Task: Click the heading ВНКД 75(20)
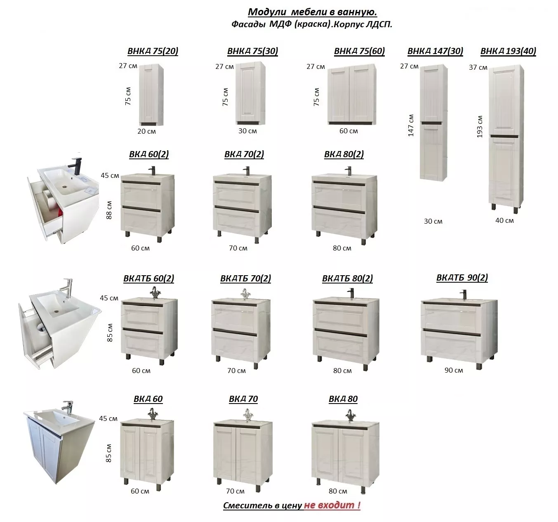pyautogui.click(x=153, y=51)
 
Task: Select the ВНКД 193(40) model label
pyautogui.click(x=508, y=51)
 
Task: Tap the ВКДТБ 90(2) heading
pyautogui.click(x=462, y=278)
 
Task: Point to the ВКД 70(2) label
pyautogui.click(x=244, y=154)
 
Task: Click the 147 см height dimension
pyautogui.click(x=411, y=125)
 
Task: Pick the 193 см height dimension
pyautogui.click(x=480, y=127)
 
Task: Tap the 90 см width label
pyautogui.click(x=454, y=371)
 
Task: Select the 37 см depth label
pyautogui.click(x=478, y=68)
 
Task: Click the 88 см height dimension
pyautogui.click(x=109, y=210)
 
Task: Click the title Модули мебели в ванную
pyautogui.click(x=313, y=12)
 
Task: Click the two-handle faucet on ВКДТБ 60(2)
pyautogui.click(x=154, y=293)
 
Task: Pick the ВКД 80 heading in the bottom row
pyautogui.click(x=343, y=399)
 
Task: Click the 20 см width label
pyautogui.click(x=146, y=131)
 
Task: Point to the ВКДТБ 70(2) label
pyautogui.click(x=245, y=279)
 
